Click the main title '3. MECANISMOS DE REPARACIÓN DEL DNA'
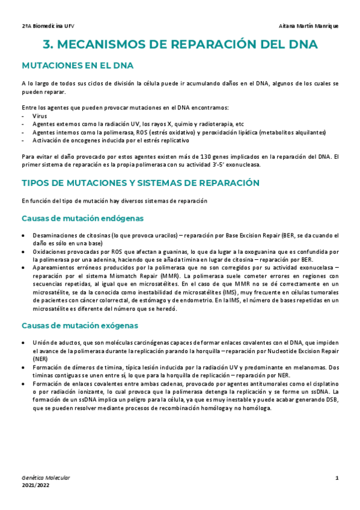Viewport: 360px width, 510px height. coord(180,45)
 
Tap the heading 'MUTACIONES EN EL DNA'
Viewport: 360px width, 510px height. coord(78,65)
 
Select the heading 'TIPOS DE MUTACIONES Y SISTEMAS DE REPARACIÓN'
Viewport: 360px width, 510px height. coord(141,182)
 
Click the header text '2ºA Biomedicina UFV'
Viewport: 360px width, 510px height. coord(48,26)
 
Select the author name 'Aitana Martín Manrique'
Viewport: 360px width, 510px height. coord(309,26)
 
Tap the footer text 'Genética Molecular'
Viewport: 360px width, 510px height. coord(46,478)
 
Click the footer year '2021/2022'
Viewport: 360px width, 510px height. coord(36,485)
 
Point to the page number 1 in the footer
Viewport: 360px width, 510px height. coord(337,478)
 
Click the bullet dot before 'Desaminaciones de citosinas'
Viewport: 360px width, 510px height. coord(23,236)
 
